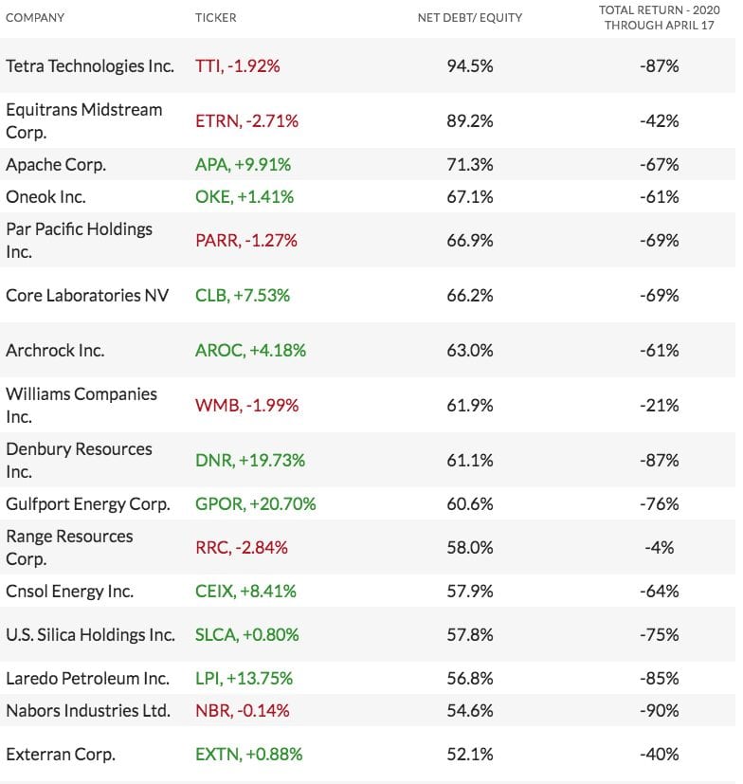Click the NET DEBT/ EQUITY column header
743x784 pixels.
pyautogui.click(x=469, y=18)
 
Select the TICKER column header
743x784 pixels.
pyautogui.click(x=216, y=18)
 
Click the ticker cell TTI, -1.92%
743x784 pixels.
pyautogui.click(x=237, y=66)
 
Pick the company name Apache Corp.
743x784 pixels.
pyautogui.click(x=56, y=165)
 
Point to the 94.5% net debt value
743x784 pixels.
pyautogui.click(x=469, y=66)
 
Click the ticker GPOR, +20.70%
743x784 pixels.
pyautogui.click(x=255, y=504)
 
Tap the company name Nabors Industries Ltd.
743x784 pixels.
pyautogui.click(x=88, y=711)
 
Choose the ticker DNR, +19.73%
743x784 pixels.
pyautogui.click(x=250, y=461)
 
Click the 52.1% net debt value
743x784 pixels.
pyautogui.click(x=469, y=755)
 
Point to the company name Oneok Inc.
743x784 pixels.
pyautogui.click(x=45, y=197)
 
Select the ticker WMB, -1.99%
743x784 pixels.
pyautogui.click(x=246, y=406)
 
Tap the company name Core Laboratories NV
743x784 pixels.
pyautogui.click(x=87, y=296)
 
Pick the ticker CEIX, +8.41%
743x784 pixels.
pyautogui.click(x=245, y=592)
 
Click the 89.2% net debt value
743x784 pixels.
pyautogui.click(x=469, y=121)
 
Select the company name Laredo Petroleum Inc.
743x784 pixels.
pyautogui.click(x=87, y=679)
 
